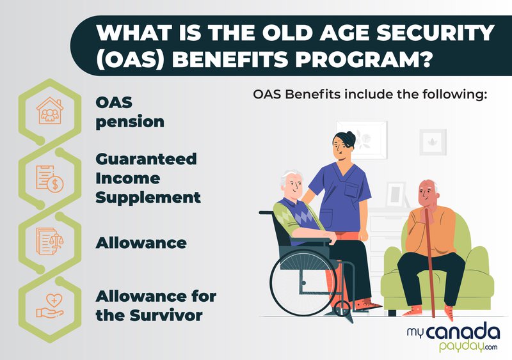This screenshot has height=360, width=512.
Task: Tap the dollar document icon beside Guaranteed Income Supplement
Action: pyautogui.click(x=50, y=178)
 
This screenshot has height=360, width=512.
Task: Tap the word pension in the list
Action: pyautogui.click(x=130, y=121)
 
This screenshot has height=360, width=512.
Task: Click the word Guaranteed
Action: pyautogui.click(x=146, y=158)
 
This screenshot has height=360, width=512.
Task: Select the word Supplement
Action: pyautogui.click(x=148, y=197)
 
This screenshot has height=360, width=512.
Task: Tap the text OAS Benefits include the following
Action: pyautogui.click(x=371, y=95)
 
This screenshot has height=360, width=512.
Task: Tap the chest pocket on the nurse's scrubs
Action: pyautogui.click(x=353, y=191)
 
